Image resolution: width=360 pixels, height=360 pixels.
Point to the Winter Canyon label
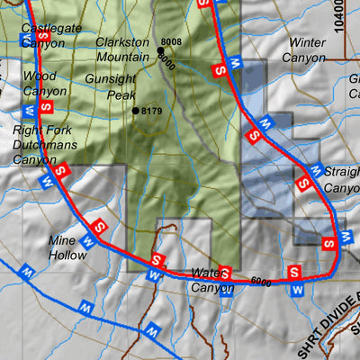pyautogui.click(x=303, y=49)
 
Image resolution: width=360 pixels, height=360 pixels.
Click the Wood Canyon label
pyautogui.click(x=45, y=84)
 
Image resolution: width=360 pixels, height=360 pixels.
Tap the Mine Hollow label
pyautogui.click(x=68, y=247)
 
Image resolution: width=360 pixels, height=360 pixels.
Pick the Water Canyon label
pyautogui.click(x=212, y=281)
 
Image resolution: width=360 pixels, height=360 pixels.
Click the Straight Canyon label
pyautogui.click(x=342, y=181)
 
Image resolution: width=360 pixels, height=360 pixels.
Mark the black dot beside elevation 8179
pyautogui.click(x=135, y=111)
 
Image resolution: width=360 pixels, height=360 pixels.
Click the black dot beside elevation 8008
pyautogui.click(x=159, y=51)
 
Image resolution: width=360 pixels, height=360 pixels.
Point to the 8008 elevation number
pyautogui.click(x=171, y=42)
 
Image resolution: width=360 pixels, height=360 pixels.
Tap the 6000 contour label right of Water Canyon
pyautogui.click(x=262, y=283)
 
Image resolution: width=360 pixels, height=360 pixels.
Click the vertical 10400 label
pyautogui.click(x=338, y=16)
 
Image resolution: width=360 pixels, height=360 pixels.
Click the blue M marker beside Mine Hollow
pyautogui.click(x=88, y=241)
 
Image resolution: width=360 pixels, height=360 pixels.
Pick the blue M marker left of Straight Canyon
pyautogui.click(x=315, y=169)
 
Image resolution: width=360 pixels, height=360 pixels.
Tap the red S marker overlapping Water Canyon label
pyautogui.click(x=226, y=272)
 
